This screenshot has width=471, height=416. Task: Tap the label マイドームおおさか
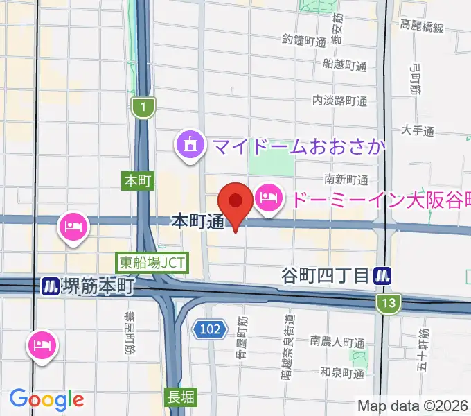(299, 147)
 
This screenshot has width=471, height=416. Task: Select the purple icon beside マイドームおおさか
(190, 146)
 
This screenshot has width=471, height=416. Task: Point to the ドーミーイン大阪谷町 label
(377, 200)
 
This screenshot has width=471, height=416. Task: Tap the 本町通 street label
(197, 222)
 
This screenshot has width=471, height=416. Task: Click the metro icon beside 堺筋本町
(50, 285)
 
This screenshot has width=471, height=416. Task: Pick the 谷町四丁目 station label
(326, 276)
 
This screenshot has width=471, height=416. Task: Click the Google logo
(47, 399)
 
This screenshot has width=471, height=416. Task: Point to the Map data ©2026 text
(413, 406)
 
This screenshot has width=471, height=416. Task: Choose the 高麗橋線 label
(421, 27)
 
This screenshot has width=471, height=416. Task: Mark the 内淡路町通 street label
(339, 101)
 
